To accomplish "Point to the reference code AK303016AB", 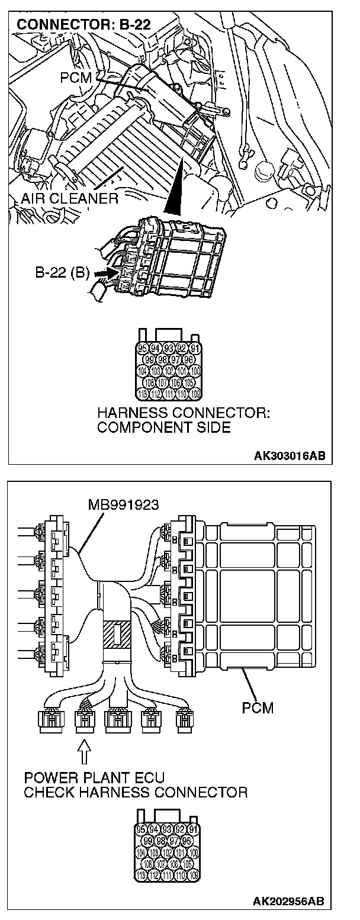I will point(289,456).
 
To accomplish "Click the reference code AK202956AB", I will point(289,902).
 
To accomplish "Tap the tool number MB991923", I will point(122,505).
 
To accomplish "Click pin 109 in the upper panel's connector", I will point(195,394).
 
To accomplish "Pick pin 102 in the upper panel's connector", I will point(169,371).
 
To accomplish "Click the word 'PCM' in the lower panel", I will point(258,707).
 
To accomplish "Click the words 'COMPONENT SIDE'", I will point(164,427).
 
